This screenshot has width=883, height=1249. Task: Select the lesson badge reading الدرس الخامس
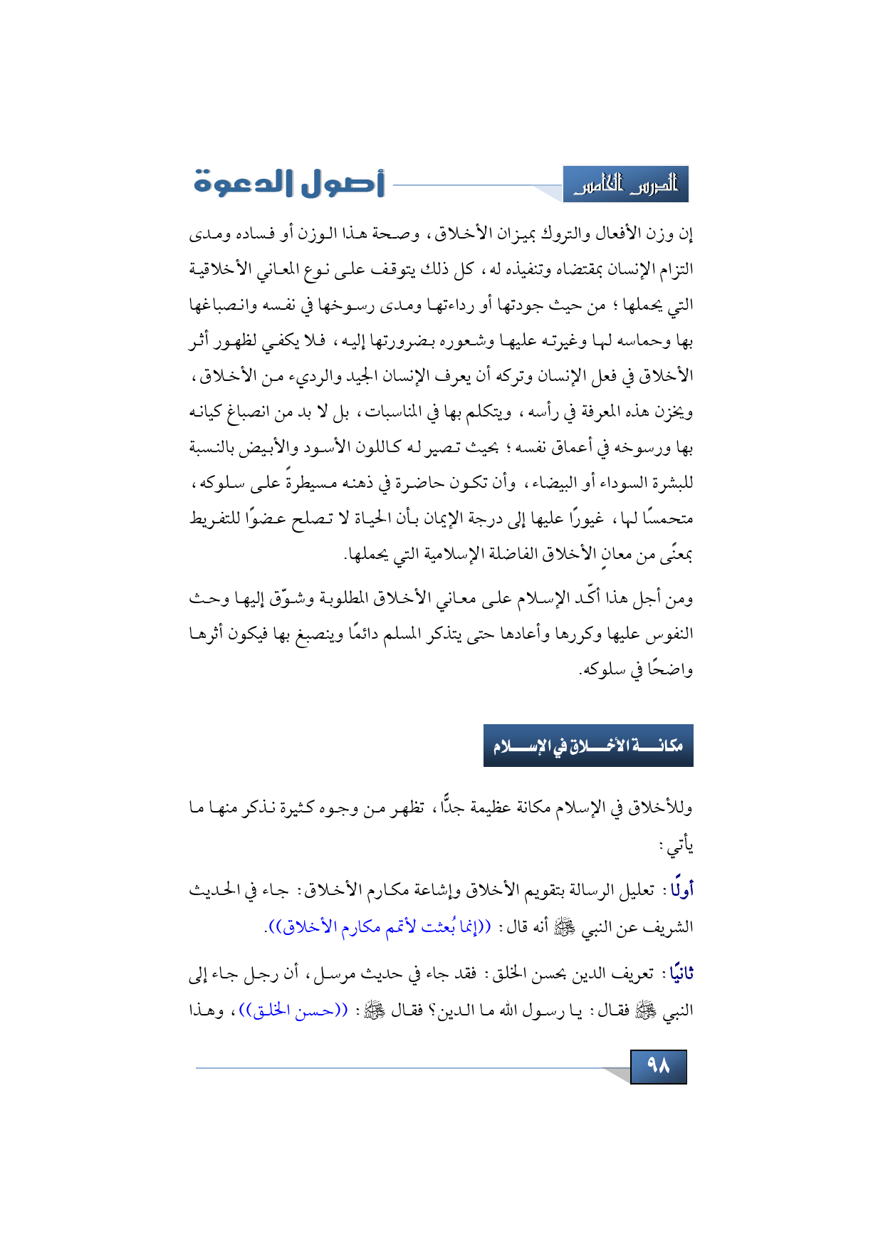pos(625,185)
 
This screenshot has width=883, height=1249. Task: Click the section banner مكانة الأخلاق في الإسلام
pos(588,746)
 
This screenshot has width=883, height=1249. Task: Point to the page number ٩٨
pos(659,1066)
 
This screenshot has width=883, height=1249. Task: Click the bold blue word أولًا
pos(681,890)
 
